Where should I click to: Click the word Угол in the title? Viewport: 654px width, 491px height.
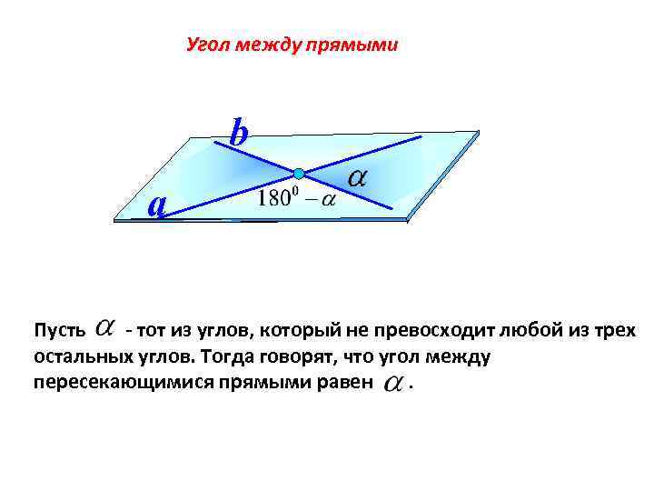(x=206, y=45)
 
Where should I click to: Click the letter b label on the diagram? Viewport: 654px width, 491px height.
(x=239, y=134)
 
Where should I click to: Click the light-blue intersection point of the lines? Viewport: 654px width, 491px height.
(x=298, y=173)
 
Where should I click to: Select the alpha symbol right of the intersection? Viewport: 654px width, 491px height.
(x=357, y=179)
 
